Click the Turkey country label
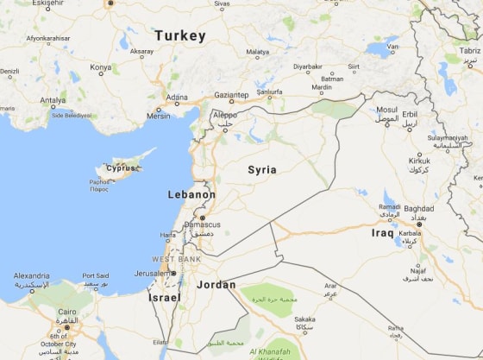[x=180, y=36]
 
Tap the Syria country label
[x=262, y=170]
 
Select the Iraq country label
[x=382, y=233]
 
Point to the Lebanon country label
[x=191, y=195]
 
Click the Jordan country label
[x=216, y=284]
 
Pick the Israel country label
[x=165, y=297]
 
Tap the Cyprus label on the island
[x=121, y=168]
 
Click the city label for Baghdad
[x=418, y=208]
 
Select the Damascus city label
[x=202, y=224]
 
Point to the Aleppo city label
[x=224, y=114]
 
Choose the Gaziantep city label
[x=231, y=95]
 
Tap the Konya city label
[x=101, y=66]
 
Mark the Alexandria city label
[x=31, y=276]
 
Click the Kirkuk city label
[x=420, y=161]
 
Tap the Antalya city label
[x=53, y=99]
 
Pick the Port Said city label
[x=95, y=276]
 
